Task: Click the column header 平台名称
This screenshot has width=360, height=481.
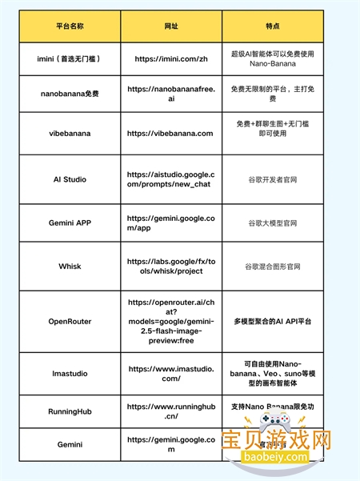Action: click(x=75, y=26)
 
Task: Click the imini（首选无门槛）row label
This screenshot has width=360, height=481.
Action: click(x=75, y=58)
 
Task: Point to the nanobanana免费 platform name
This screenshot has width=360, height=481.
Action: click(x=75, y=94)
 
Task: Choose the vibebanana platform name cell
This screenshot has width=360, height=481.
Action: click(x=75, y=134)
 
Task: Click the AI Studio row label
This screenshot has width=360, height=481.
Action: click(x=75, y=179)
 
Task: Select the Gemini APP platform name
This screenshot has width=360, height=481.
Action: click(x=75, y=222)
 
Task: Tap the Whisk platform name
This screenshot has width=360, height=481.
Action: click(x=75, y=265)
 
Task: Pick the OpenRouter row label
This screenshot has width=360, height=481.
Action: click(x=75, y=321)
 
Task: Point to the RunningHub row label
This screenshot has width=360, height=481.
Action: click(x=75, y=411)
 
